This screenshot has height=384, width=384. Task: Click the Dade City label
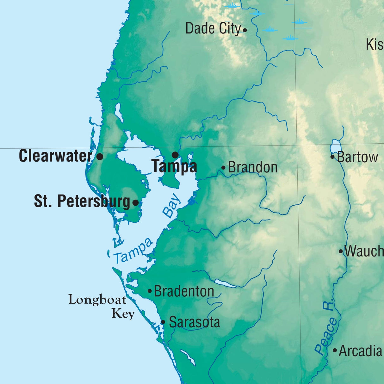[213, 28]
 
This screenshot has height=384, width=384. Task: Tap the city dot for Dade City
[245, 30]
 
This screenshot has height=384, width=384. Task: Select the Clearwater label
[55, 156]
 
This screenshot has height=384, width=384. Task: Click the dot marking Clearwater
[100, 156]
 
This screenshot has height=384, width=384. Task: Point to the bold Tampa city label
[174, 167]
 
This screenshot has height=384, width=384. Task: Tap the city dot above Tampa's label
[175, 155]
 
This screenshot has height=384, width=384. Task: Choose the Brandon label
[253, 167]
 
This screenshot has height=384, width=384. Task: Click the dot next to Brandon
[223, 168]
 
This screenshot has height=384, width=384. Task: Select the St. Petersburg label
[82, 201]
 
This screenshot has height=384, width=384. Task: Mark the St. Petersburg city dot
[135, 202]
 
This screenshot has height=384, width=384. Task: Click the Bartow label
[357, 157]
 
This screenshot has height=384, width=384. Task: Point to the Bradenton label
[184, 291]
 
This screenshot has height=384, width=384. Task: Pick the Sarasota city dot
[163, 322]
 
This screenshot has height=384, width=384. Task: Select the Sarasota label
[195, 322]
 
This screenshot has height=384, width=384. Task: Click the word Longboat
[97, 300]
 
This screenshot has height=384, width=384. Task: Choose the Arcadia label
[360, 351]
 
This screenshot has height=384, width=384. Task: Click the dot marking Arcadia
[335, 350]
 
